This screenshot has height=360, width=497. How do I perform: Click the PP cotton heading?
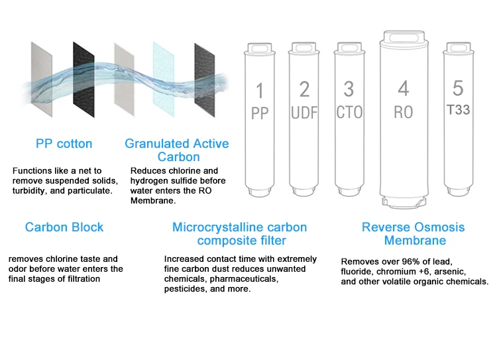click(x=64, y=144)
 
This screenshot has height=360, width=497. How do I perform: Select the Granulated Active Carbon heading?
click(x=177, y=150)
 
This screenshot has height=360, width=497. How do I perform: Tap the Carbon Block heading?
click(x=64, y=227)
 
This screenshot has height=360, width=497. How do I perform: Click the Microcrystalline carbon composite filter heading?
click(x=239, y=233)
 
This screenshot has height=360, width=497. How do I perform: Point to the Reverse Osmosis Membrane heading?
click(x=414, y=233)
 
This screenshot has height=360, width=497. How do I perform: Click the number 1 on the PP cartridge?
click(x=260, y=90)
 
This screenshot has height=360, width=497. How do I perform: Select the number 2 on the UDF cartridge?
click(x=304, y=89)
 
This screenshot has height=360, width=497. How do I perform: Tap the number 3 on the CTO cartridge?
click(x=349, y=89)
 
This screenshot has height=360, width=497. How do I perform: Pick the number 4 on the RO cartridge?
click(x=403, y=88)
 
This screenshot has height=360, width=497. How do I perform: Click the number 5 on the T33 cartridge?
click(x=458, y=88)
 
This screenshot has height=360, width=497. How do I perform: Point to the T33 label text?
click(x=458, y=109)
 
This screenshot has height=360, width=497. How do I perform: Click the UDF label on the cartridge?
click(x=304, y=113)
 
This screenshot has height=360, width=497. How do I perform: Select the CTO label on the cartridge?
click(x=349, y=112)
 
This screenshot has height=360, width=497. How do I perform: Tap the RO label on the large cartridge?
click(x=403, y=112)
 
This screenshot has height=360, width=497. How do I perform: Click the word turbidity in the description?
click(x=30, y=191)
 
